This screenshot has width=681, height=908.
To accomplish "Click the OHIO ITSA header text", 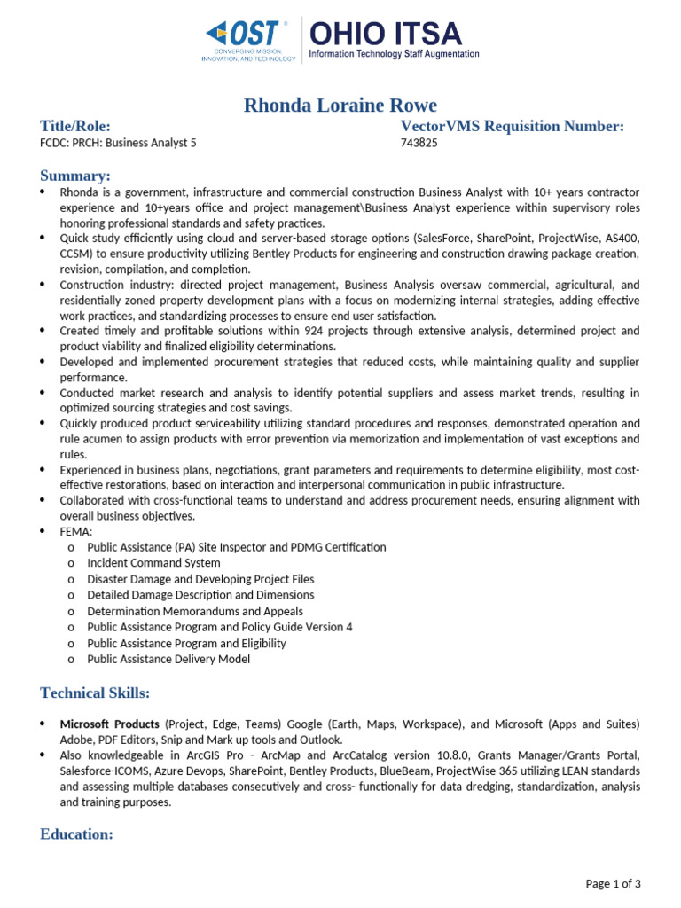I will (385, 35).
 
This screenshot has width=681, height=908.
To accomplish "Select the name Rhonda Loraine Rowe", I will (340, 106).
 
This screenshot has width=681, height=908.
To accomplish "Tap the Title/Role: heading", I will (75, 127).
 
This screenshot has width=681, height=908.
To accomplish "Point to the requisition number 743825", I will (419, 143).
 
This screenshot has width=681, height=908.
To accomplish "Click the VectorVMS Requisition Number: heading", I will (513, 127).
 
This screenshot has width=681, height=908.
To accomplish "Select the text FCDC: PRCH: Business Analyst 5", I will (119, 143).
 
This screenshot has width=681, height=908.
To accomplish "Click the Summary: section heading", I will (75, 176).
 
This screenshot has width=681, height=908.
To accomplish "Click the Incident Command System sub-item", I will (153, 563).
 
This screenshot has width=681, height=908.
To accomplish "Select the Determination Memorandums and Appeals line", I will (195, 611).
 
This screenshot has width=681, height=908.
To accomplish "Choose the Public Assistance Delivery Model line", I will (168, 659).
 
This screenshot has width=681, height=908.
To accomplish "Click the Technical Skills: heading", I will (95, 693).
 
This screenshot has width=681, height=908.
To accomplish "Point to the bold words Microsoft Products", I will (110, 724).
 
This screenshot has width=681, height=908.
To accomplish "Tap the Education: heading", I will (77, 834).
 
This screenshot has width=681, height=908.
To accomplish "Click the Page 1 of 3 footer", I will (614, 883).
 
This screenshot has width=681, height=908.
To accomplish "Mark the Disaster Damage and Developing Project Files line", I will (200, 579).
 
